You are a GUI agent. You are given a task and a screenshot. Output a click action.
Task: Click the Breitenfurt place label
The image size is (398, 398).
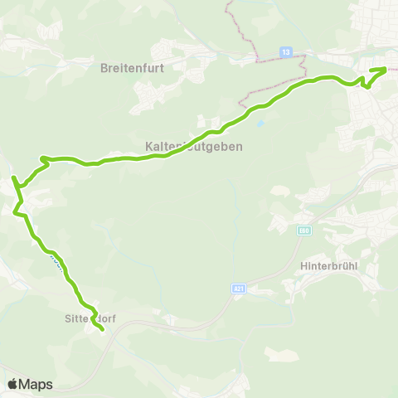pyautogui.click(x=135, y=67)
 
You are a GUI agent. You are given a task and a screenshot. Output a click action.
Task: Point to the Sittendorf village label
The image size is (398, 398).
pyautogui.click(x=89, y=318)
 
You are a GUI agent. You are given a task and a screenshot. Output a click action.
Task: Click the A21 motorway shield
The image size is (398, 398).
pyautogui.click(x=239, y=289)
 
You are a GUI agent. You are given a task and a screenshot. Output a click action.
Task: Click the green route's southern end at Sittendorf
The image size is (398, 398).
pyautogui.click(x=102, y=329)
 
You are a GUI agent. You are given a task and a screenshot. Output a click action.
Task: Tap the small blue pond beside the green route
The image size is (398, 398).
pyautogui.click(x=262, y=124)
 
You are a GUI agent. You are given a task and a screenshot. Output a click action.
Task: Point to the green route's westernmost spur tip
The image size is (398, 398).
pyautogui.click(x=12, y=177)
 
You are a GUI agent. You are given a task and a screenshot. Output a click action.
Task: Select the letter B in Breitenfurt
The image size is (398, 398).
pyautogui.click(x=104, y=67)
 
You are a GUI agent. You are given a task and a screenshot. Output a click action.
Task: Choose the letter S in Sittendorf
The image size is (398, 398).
pyautogui.click(x=67, y=318)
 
